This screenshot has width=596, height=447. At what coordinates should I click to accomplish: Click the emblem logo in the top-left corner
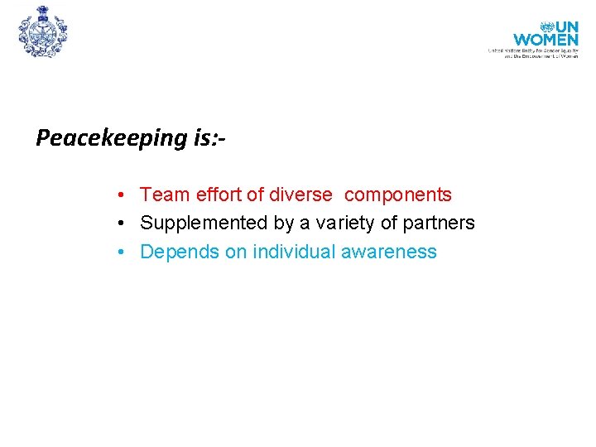[42, 31]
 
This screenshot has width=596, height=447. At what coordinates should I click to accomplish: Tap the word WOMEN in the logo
[546, 39]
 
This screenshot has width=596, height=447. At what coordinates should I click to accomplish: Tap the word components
[398, 195]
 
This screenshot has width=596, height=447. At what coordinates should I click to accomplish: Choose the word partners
[438, 223]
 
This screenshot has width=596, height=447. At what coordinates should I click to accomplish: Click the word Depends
[180, 252]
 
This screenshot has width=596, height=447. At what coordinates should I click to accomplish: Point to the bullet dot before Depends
[121, 252]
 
